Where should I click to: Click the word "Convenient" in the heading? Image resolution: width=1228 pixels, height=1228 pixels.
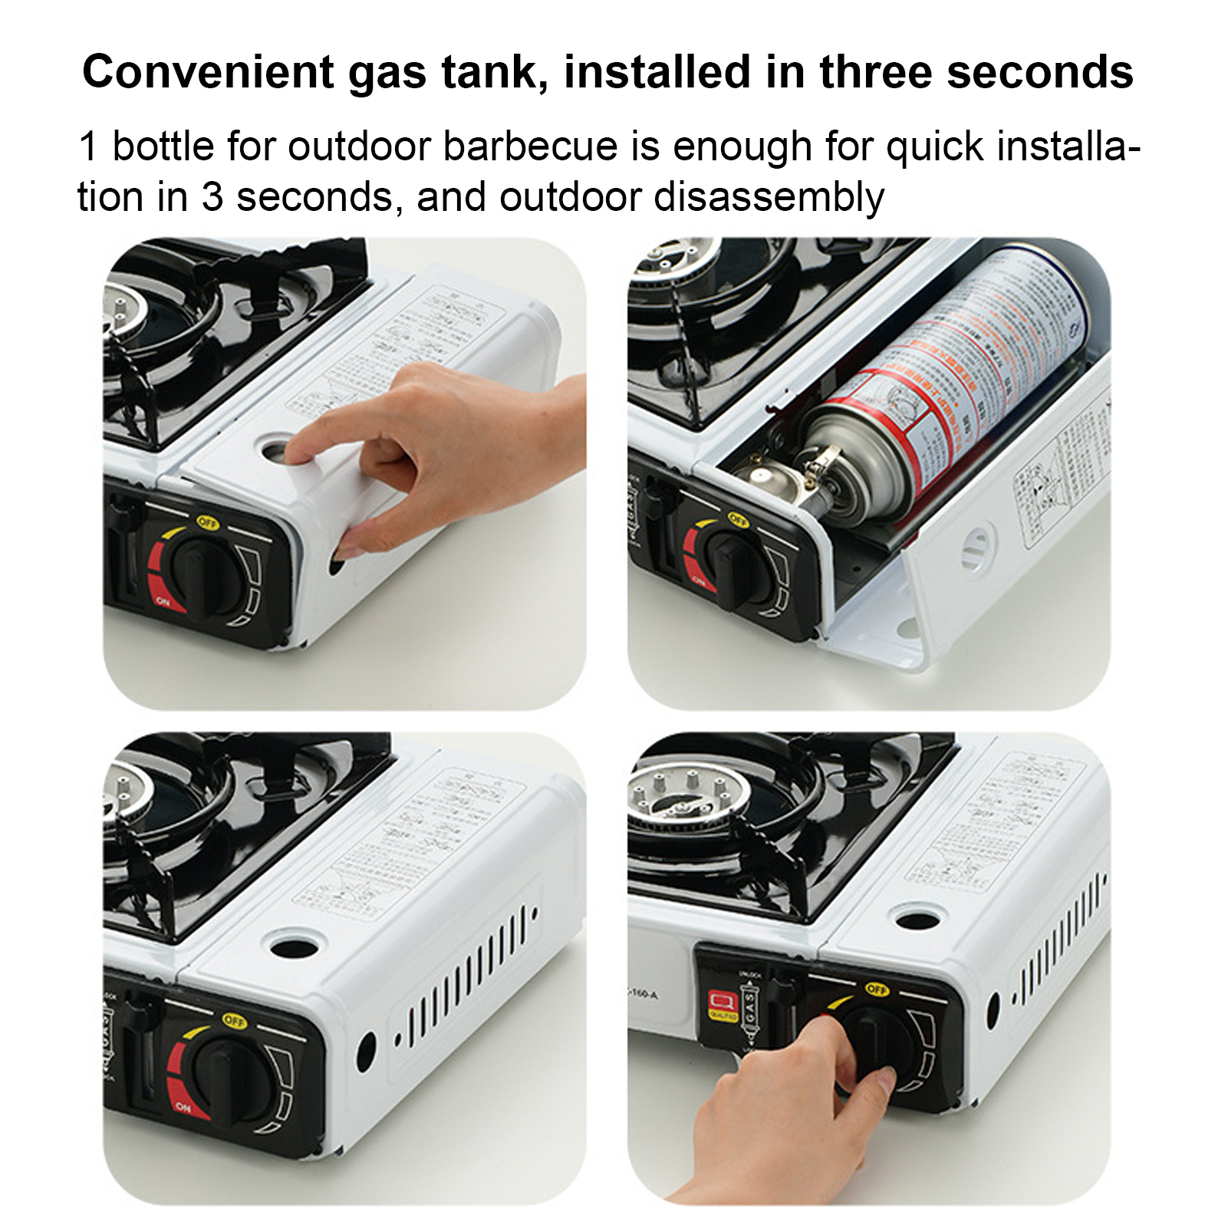(x=208, y=73)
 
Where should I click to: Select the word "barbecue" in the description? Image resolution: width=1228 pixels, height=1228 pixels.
(x=530, y=147)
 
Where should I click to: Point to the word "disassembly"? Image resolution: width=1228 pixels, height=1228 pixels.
(x=769, y=197)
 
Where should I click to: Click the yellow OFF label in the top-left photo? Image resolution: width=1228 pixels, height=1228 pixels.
(x=208, y=523)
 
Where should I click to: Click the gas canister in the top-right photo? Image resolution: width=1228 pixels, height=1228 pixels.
(x=951, y=384)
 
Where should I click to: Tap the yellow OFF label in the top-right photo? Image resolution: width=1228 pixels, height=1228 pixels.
(x=737, y=519)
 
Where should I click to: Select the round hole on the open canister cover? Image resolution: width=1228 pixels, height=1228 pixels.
(x=976, y=547)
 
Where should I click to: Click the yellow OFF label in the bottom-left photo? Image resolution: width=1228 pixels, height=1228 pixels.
(x=234, y=1021)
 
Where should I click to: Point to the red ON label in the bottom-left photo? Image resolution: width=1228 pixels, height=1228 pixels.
(x=183, y=1107)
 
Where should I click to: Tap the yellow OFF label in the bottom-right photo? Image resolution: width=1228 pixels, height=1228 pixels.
(x=876, y=989)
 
